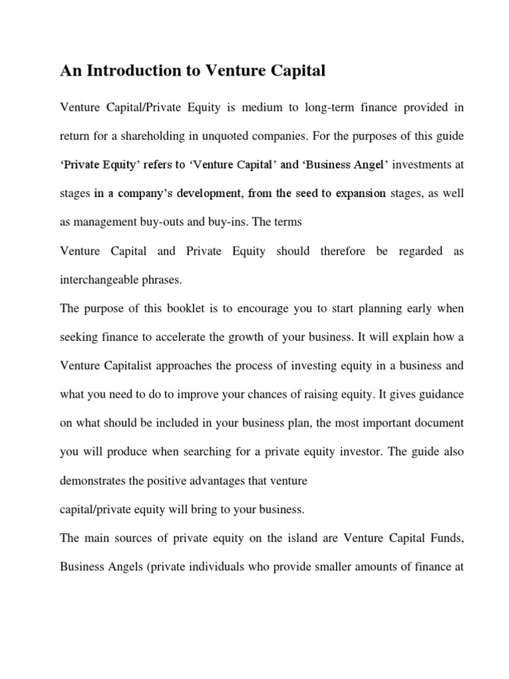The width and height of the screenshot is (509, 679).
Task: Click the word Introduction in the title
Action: point(137,71)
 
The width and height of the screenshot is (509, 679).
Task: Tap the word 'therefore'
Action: point(344,251)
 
